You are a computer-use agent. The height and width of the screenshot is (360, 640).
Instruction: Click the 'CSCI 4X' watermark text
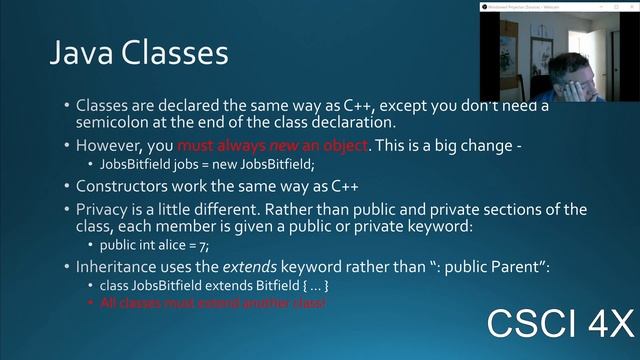pyautogui.click(x=560, y=326)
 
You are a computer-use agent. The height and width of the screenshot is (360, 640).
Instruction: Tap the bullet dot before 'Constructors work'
pyautogui.click(x=67, y=186)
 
